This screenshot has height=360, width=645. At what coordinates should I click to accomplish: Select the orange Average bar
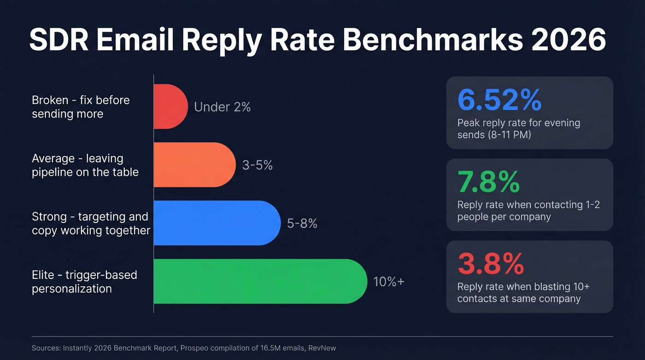coord(194,165)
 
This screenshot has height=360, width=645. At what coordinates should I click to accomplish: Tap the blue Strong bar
coord(217,223)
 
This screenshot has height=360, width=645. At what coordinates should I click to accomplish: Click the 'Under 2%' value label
coord(222,107)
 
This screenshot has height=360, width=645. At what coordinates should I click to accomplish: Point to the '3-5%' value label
coord(257,165)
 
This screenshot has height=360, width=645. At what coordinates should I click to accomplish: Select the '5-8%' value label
coord(302,224)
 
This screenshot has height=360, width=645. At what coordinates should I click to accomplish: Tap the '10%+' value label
coord(388,282)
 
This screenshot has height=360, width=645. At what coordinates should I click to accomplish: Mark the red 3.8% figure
coord(490,264)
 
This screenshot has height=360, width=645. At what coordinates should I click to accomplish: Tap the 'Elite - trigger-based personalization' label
coord(84,282)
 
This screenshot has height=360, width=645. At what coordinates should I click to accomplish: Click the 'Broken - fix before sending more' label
coord(81,107)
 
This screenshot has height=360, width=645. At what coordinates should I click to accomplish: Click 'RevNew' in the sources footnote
coord(322,348)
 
